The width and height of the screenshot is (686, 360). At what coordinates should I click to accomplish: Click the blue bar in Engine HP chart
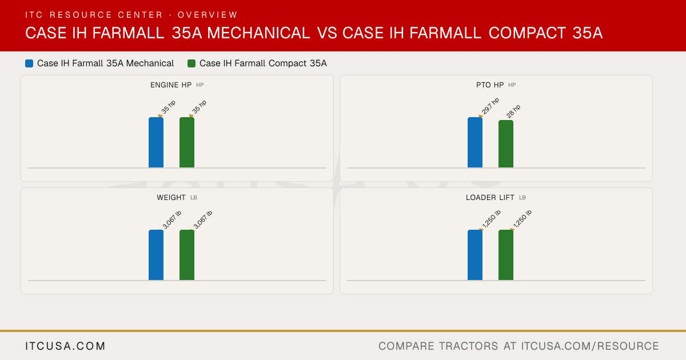coord(156,142)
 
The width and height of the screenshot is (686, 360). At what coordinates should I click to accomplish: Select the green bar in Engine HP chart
coord(187,142)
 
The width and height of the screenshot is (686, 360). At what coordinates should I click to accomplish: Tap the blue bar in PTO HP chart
coord(475,142)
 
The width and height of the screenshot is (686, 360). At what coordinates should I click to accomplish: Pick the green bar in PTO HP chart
coord(506,144)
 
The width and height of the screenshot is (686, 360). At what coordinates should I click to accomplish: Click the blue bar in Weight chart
coord(156,255)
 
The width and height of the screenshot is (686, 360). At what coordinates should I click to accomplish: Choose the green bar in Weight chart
coord(187,255)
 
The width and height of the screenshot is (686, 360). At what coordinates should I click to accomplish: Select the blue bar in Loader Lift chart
coord(475,255)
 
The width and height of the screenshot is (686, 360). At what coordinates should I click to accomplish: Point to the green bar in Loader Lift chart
coord(506,255)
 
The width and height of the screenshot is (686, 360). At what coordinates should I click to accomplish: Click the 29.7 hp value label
coord(490,106)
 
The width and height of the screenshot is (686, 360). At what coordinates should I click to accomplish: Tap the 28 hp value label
coord(513,111)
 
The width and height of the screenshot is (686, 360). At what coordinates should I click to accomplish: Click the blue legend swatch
coord(29,63)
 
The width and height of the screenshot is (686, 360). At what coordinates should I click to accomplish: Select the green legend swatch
coord(192,63)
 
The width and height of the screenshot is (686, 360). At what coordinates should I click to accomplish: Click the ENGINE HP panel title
coord(171,85)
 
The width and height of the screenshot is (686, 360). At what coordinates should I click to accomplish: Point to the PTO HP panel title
coord(490,85)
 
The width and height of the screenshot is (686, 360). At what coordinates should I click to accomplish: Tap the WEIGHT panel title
coord(171,198)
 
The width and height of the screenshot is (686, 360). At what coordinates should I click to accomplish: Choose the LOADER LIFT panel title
coord(490,198)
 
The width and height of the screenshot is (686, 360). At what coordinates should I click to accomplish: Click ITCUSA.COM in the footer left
coord(66,346)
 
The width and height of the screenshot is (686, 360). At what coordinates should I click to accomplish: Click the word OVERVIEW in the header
coord(208,15)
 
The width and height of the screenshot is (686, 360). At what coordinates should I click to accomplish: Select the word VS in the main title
coord(327,33)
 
